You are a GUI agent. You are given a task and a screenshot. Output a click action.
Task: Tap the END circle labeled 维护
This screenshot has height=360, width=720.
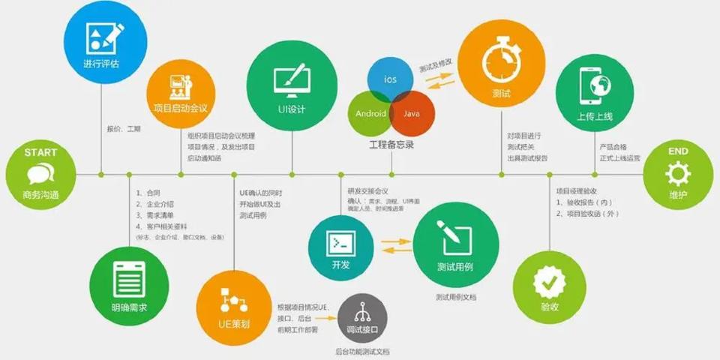(677, 174)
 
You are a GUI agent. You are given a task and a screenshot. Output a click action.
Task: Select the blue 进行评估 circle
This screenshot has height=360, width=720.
(102, 41)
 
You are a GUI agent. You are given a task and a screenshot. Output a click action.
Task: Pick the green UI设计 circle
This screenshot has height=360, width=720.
(291, 86)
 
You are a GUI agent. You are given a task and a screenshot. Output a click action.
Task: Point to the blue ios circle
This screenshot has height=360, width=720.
(391, 78)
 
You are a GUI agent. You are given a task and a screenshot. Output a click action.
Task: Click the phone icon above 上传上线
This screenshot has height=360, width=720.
(594, 87)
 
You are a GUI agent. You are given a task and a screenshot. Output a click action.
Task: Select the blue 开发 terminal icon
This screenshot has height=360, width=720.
(340, 241)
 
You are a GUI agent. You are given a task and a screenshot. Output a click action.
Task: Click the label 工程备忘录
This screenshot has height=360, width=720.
(391, 144)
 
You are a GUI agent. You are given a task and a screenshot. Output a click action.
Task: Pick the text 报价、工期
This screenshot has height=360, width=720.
(124, 129)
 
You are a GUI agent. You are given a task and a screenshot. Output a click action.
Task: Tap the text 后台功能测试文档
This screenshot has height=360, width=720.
(362, 351)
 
